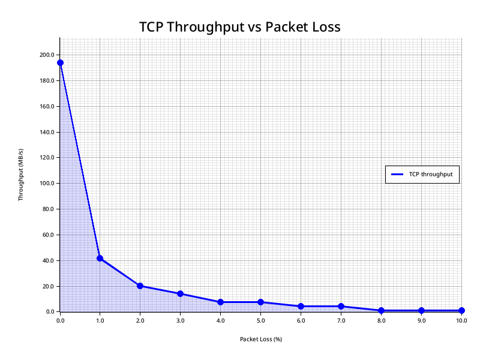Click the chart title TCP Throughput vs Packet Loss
click(240, 27)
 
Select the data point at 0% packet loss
click(60, 62)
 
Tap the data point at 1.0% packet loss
click(100, 258)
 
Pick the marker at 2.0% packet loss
click(140, 286)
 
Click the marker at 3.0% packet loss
click(180, 293)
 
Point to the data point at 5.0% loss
click(260, 302)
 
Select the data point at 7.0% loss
click(341, 306)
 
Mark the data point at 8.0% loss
click(381, 310)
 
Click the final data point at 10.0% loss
click(461, 310)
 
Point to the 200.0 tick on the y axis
click(47, 55)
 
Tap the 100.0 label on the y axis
click(47, 183)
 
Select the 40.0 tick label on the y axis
click(48, 260)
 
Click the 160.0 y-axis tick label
click(47, 106)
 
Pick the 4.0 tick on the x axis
click(220, 321)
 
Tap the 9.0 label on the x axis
click(421, 321)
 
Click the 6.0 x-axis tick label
click(301, 321)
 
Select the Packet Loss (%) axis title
click(261, 339)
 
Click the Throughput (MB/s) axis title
click(21, 175)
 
